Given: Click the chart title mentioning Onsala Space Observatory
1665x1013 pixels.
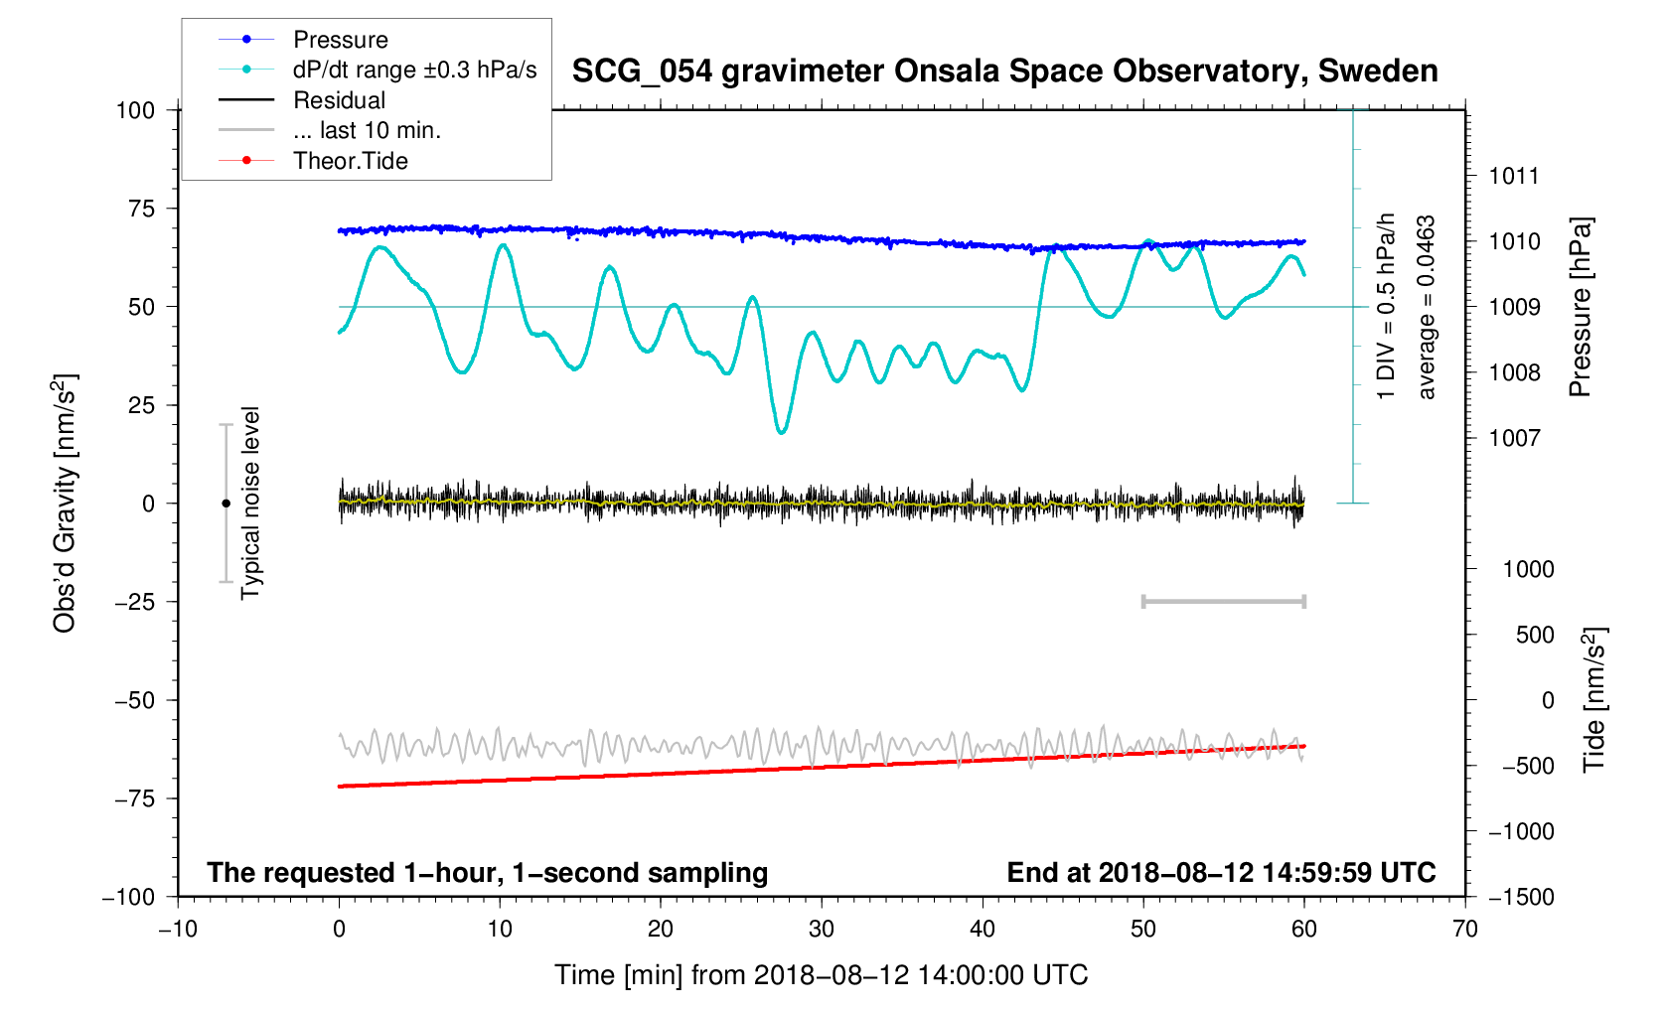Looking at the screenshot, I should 1004,72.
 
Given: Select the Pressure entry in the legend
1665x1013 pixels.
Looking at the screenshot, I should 340,40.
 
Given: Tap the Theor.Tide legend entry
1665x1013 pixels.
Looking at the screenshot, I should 350,161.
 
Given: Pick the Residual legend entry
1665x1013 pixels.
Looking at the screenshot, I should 339,100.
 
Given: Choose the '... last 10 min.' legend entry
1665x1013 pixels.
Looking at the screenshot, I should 367,130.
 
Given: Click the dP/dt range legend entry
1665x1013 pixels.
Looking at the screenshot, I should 414,70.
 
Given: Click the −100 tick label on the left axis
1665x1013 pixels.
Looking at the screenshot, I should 129,897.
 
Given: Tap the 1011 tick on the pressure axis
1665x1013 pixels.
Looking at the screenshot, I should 1513,176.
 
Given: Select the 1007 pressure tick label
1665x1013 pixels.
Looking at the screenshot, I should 1513,438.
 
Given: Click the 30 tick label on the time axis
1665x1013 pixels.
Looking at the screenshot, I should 822,930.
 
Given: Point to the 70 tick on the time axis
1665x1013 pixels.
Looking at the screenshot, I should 1465,930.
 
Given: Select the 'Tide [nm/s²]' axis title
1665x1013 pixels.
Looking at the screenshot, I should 1593,699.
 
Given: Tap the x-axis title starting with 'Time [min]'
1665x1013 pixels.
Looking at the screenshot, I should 822,975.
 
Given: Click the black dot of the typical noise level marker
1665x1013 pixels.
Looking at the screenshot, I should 226,504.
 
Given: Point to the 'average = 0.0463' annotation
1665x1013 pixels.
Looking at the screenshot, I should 1427,308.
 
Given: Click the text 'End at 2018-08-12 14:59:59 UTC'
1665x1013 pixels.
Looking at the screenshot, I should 1221,873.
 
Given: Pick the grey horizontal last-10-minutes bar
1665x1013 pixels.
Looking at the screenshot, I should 1224,601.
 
